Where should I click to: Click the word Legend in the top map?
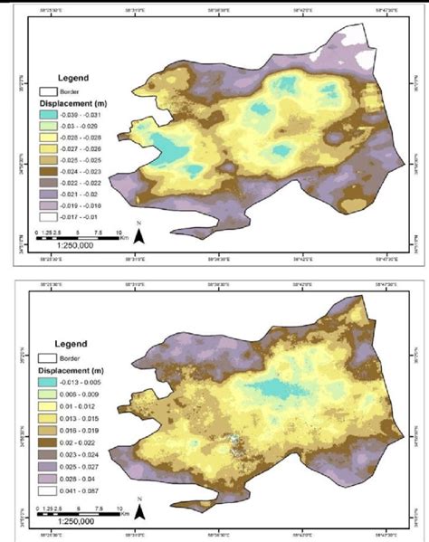coord(71,77)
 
